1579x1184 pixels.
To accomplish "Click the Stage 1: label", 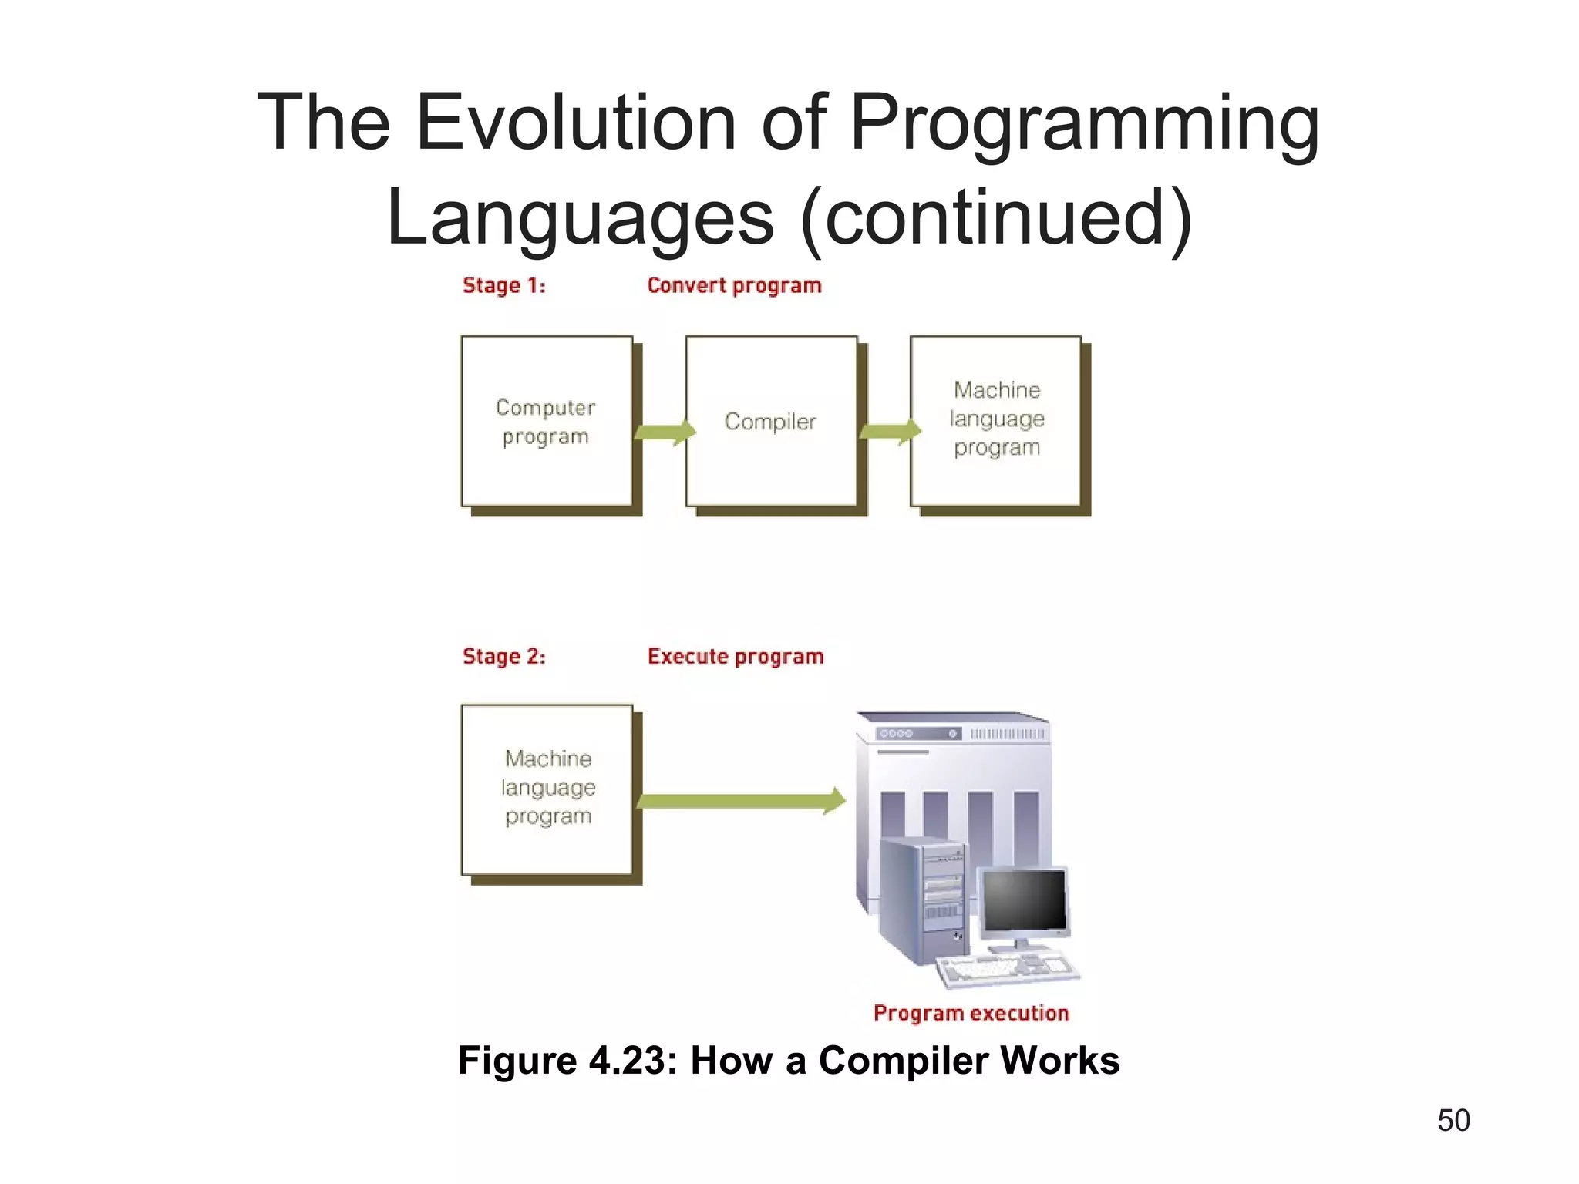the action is point(503,285).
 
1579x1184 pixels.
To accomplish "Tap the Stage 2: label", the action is point(503,656).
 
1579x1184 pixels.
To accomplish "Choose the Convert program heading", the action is point(734,285).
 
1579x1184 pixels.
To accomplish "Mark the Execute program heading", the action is point(736,656).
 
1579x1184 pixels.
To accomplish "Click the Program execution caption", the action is point(971,1013).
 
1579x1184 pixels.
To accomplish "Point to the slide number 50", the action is point(1453,1120).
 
